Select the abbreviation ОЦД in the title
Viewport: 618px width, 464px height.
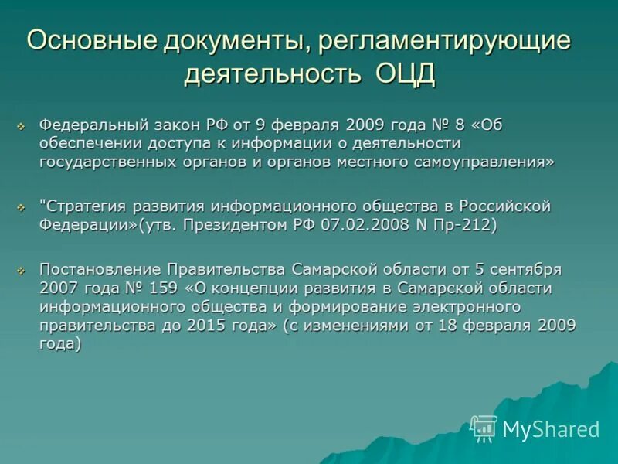pyautogui.click(x=406, y=75)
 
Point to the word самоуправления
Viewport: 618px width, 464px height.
pyautogui.click(x=487, y=161)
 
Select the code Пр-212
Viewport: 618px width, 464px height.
pyautogui.click(x=468, y=225)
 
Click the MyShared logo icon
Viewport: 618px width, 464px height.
pyautogui.click(x=484, y=428)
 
